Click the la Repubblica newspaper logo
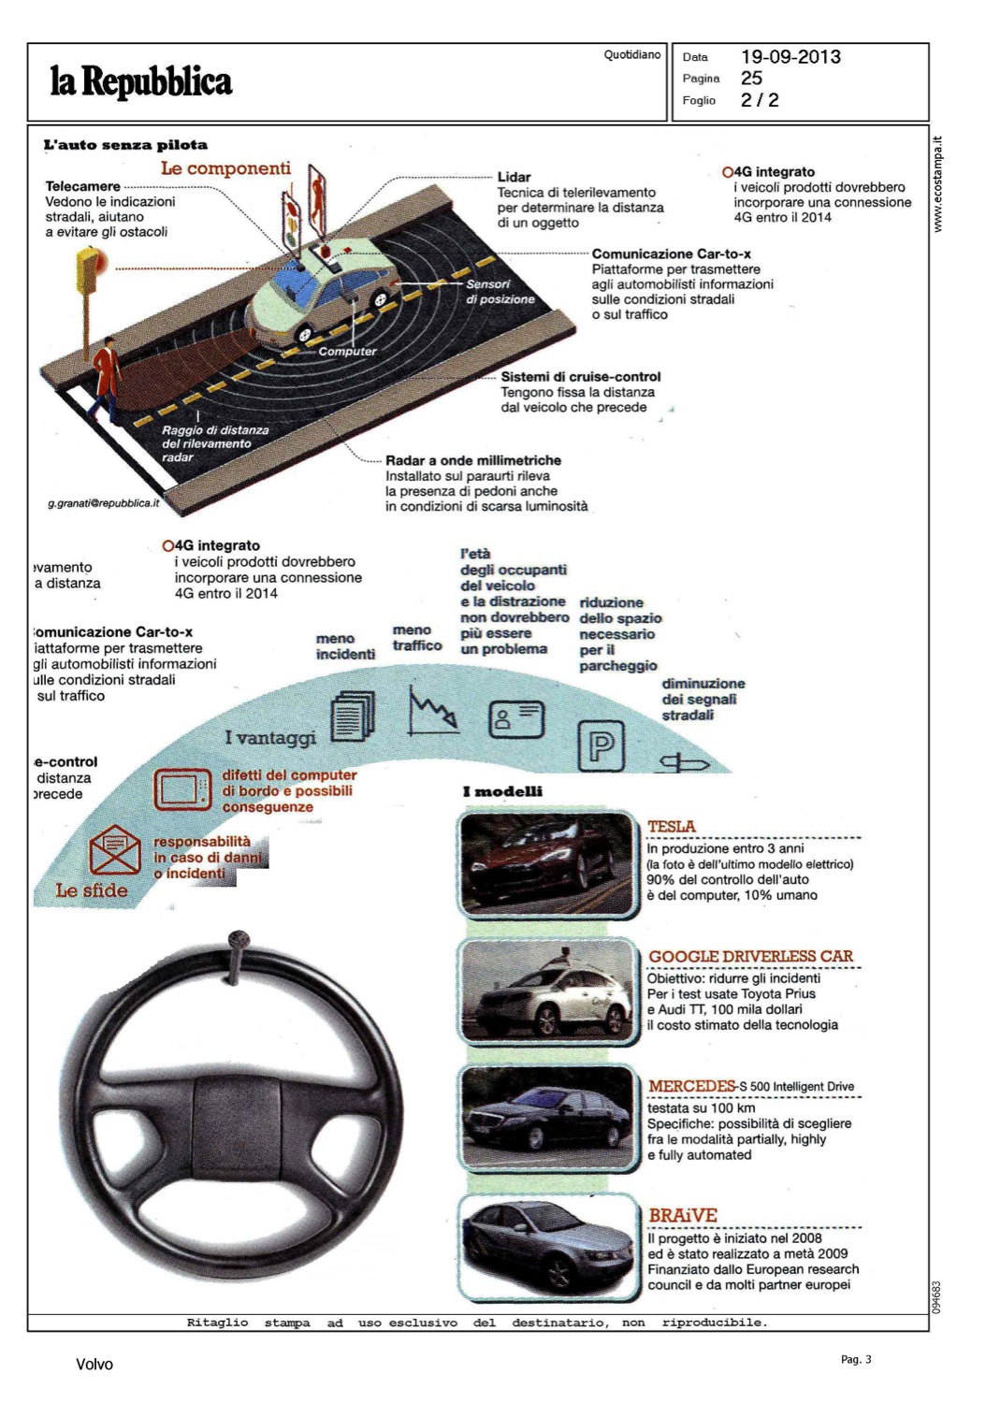(x=140, y=81)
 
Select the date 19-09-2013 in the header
(x=790, y=57)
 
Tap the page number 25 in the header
(x=751, y=79)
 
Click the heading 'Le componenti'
(x=225, y=168)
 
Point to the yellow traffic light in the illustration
(x=89, y=270)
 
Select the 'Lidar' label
(x=514, y=177)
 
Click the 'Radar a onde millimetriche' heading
(x=473, y=460)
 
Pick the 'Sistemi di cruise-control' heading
(x=580, y=377)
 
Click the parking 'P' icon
(x=601, y=745)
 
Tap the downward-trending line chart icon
(x=433, y=710)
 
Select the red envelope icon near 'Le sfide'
(x=114, y=850)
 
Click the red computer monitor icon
(x=182, y=788)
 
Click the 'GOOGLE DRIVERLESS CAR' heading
(x=750, y=956)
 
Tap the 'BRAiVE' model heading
(x=683, y=1215)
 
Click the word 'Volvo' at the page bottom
(x=94, y=1365)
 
